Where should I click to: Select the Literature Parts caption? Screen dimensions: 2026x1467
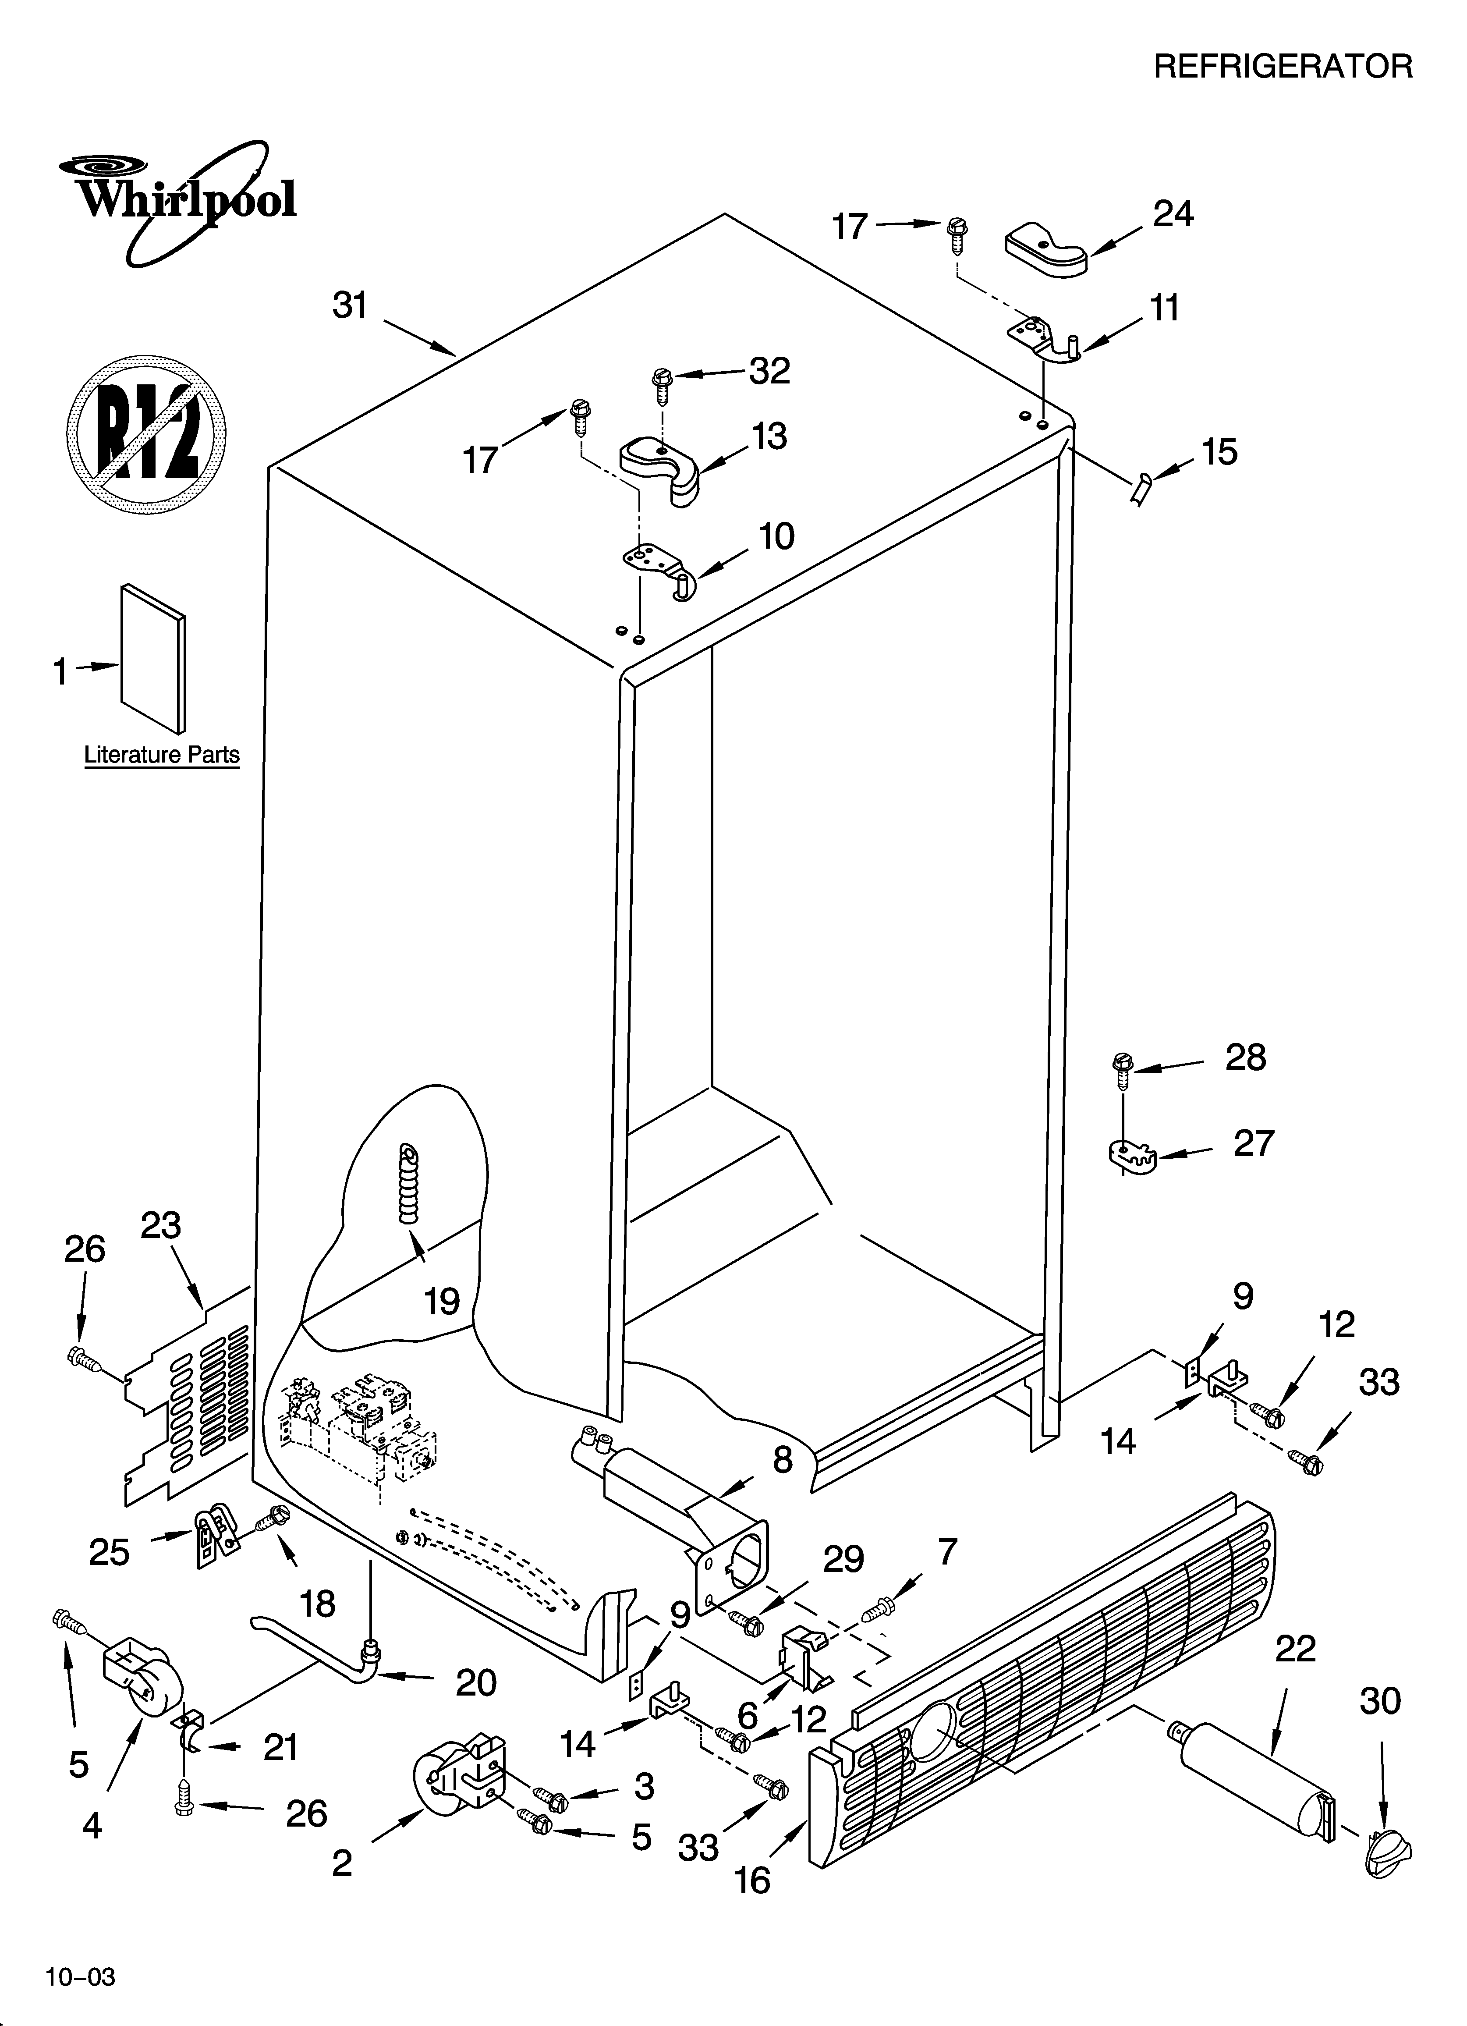click(x=162, y=755)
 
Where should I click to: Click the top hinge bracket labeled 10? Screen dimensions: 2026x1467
click(x=657, y=567)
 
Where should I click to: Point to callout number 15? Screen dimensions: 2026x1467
click(x=1219, y=452)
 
